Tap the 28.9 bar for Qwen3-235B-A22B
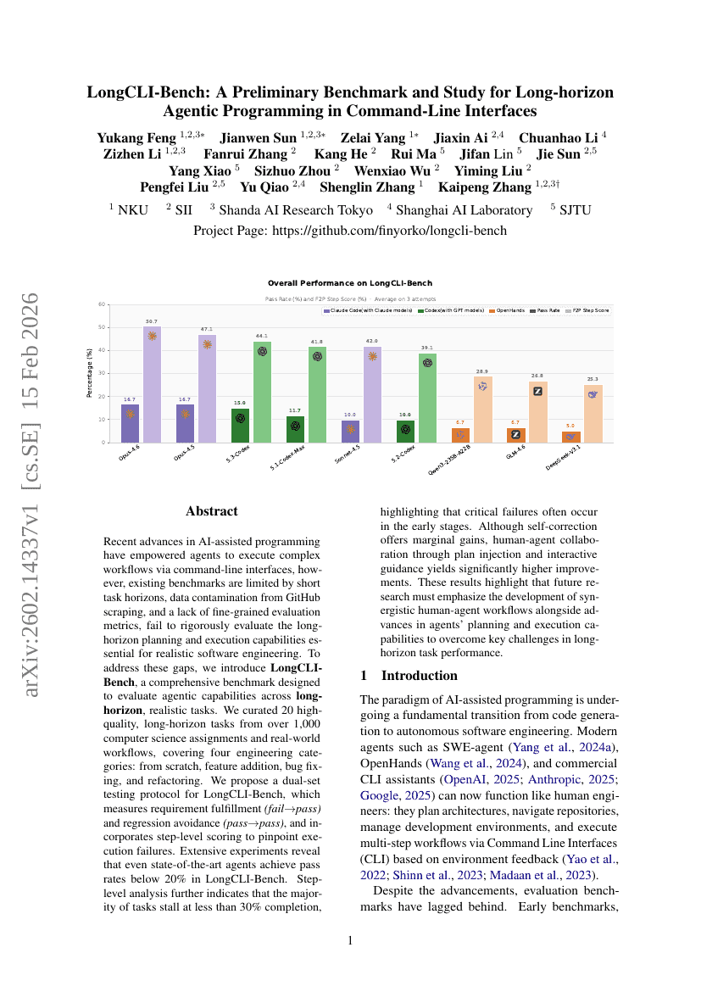[482, 410]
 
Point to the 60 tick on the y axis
[102, 304]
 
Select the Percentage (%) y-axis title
[89, 373]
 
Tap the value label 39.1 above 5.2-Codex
[427, 348]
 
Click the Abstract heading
[212, 511]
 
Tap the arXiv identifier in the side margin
[31, 495]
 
